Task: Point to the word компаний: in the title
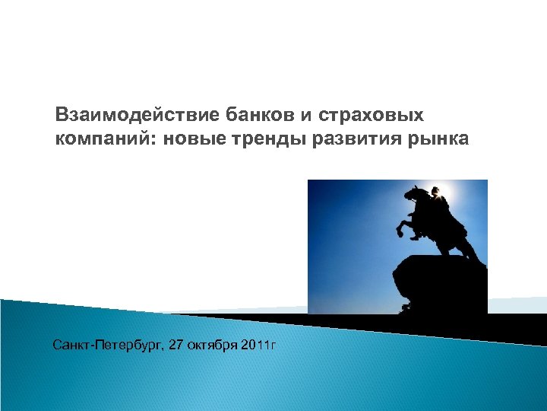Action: click(106, 139)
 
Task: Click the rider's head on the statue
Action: click(435, 192)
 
